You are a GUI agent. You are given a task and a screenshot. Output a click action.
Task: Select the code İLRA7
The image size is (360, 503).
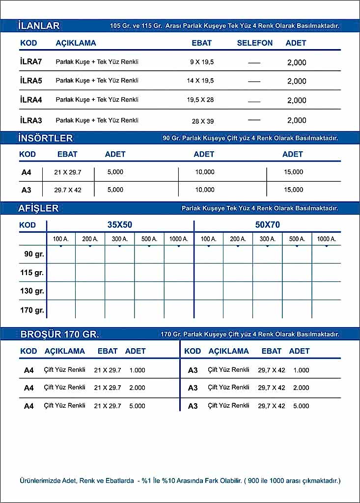tap(31, 62)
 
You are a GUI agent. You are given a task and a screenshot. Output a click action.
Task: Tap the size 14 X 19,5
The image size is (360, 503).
tap(200, 81)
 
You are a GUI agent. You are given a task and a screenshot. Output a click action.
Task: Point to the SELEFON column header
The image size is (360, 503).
tap(254, 43)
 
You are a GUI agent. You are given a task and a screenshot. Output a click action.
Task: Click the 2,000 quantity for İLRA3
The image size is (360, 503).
tap(297, 120)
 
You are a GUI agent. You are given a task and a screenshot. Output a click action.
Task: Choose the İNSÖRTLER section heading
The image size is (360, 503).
tap(45, 138)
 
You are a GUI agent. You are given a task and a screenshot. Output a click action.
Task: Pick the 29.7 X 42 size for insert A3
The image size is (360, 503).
tap(67, 190)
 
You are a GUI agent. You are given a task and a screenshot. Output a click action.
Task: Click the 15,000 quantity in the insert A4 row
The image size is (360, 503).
tap(294, 172)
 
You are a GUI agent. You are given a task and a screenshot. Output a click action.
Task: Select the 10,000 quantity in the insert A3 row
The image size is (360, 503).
tap(205, 190)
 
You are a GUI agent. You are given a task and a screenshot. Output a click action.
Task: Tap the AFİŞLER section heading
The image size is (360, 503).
tap(38, 208)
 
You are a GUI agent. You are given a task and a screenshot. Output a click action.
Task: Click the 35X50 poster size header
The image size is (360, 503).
tap(120, 225)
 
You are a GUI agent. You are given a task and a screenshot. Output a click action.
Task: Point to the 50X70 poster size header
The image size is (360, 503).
tap(268, 225)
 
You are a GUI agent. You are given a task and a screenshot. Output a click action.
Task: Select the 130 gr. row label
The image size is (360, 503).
tap(32, 291)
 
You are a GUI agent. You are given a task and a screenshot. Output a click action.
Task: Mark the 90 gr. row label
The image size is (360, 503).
tap(34, 254)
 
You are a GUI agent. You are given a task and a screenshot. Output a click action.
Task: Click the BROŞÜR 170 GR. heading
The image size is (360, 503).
tap(59, 335)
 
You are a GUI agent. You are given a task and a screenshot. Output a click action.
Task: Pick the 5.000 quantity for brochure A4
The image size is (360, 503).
tap(137, 406)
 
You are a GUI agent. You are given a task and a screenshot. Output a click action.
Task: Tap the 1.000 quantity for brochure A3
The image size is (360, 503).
tap(301, 370)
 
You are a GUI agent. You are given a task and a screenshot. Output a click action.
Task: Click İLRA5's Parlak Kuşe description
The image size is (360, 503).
tap(97, 81)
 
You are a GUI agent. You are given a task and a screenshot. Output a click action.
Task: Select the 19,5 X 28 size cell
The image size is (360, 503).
tap(200, 100)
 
